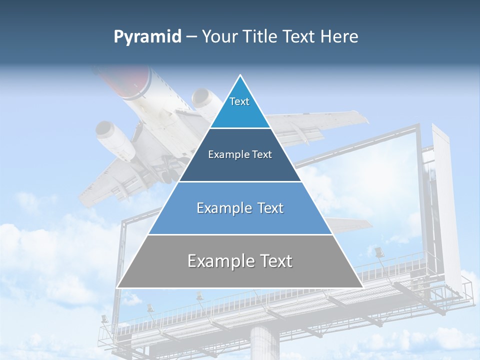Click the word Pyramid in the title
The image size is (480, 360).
147,37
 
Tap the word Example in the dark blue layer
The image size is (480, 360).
224,154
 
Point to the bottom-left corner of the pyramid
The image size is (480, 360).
117,287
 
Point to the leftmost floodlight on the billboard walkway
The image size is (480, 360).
104,318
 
